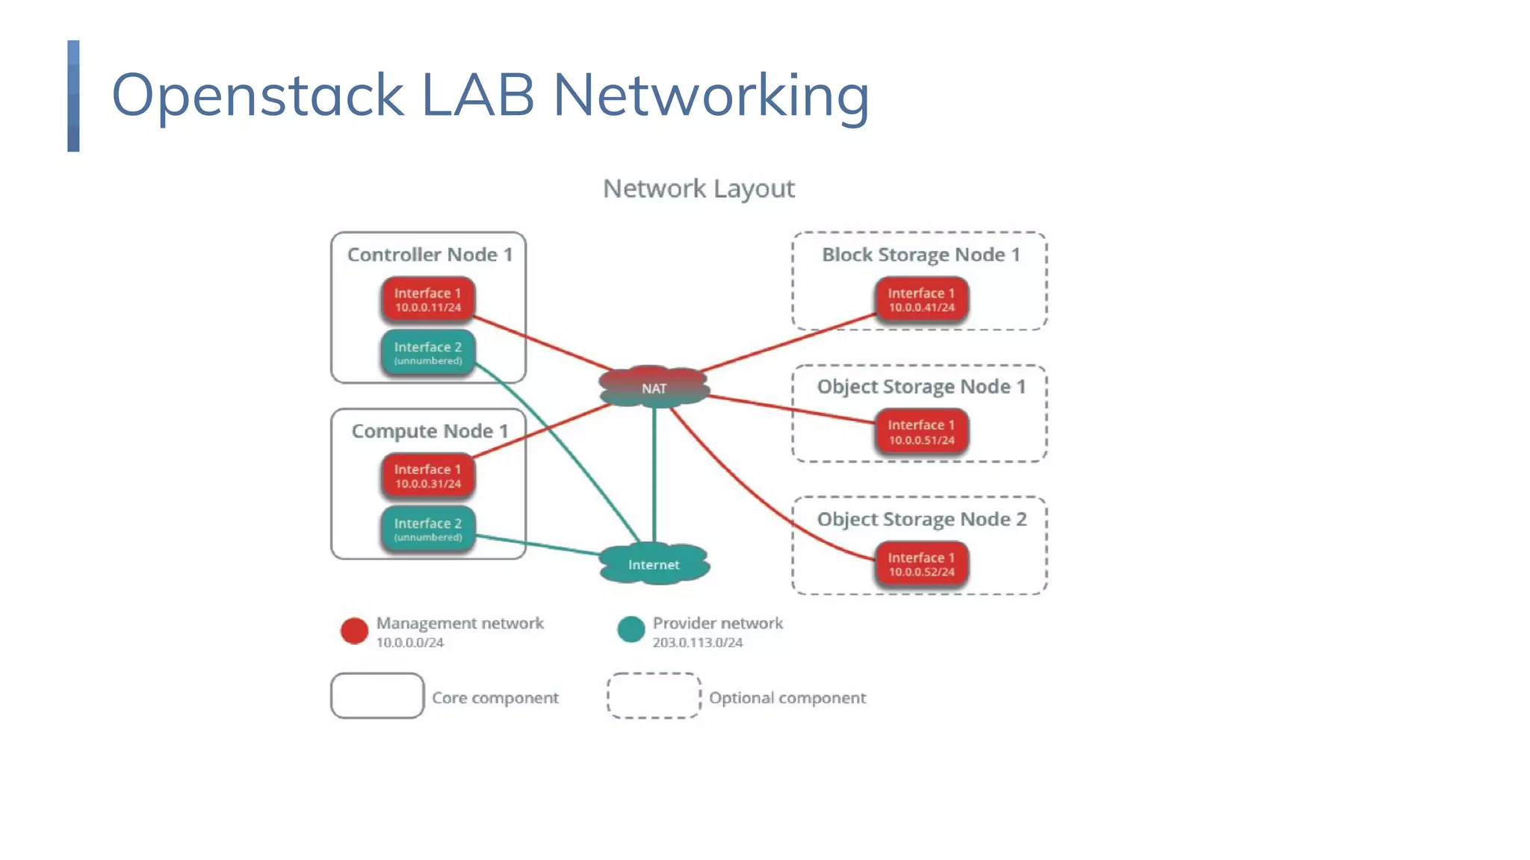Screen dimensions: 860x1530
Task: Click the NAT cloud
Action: point(654,387)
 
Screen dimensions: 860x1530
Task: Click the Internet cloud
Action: point(654,564)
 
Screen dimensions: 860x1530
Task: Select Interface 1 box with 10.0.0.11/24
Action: point(428,299)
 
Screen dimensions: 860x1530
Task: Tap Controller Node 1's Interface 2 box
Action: point(428,352)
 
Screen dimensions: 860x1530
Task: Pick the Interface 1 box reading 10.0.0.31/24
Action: point(428,476)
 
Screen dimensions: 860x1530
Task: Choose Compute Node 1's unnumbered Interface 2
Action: point(428,529)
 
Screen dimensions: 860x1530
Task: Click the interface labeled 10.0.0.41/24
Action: point(921,299)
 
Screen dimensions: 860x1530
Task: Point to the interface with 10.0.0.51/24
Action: point(921,431)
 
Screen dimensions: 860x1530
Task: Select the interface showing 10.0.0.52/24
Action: point(921,564)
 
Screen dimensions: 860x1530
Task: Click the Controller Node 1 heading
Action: point(430,255)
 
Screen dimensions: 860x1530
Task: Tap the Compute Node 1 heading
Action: point(430,431)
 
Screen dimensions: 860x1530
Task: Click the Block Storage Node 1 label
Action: point(920,255)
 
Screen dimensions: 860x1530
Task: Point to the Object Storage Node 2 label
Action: point(921,519)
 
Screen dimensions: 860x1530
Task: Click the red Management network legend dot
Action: point(354,631)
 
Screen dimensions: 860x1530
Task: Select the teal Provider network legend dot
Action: point(631,629)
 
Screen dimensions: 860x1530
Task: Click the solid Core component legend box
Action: point(377,696)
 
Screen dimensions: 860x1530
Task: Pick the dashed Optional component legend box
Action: point(654,696)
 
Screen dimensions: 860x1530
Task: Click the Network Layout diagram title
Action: point(699,189)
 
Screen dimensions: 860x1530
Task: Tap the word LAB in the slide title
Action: point(478,95)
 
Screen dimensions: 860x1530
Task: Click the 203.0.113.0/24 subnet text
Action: point(697,643)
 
